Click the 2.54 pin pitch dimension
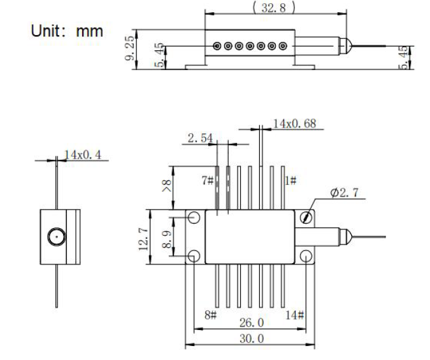click(x=201, y=138)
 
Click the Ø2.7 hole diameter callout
click(x=348, y=194)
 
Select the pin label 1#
click(x=290, y=181)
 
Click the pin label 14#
click(x=293, y=315)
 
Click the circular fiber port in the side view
click(x=55, y=238)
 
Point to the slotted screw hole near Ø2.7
click(x=308, y=218)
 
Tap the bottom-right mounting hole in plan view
click(x=308, y=257)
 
